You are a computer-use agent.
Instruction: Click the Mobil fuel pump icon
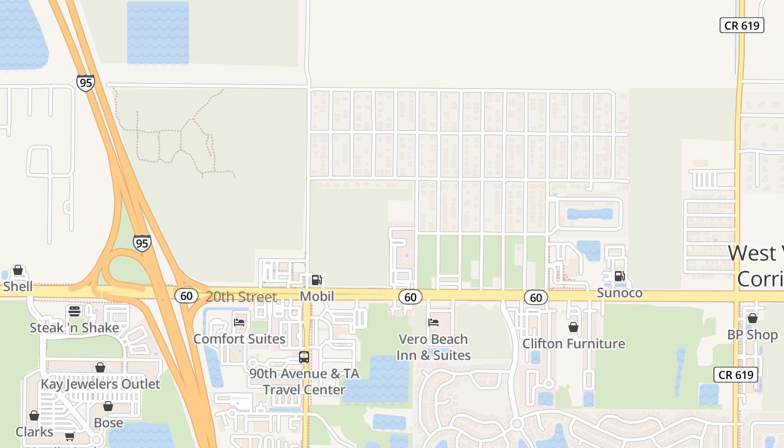pyautogui.click(x=316, y=279)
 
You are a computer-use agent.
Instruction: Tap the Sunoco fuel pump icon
pyautogui.click(x=619, y=276)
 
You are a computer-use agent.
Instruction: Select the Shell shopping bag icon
pyautogui.click(x=18, y=270)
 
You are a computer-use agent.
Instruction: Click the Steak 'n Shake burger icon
pyautogui.click(x=74, y=311)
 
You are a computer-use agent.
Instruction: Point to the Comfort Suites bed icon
pyautogui.click(x=239, y=323)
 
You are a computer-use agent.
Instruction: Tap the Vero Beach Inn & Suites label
pyautogui.click(x=433, y=347)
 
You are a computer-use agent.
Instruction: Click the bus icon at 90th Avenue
pyautogui.click(x=304, y=357)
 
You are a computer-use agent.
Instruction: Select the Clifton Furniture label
pyautogui.click(x=573, y=343)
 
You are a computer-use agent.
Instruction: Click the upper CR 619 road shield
pyautogui.click(x=741, y=25)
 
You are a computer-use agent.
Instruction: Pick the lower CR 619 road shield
pyautogui.click(x=736, y=375)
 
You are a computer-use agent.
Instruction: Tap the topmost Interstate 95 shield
pyautogui.click(x=86, y=83)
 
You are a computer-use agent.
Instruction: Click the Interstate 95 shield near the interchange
pyautogui.click(x=142, y=242)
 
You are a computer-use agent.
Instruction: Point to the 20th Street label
pyautogui.click(x=241, y=297)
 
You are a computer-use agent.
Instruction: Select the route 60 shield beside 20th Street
pyautogui.click(x=186, y=296)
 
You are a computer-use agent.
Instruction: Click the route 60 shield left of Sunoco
pyautogui.click(x=535, y=297)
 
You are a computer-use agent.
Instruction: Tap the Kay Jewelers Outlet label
pyautogui.click(x=100, y=384)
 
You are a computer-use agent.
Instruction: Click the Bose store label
pyautogui.click(x=108, y=422)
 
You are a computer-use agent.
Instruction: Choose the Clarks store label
pyautogui.click(x=35, y=432)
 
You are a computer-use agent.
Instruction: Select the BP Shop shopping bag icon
pyautogui.click(x=752, y=318)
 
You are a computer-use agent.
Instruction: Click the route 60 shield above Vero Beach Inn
pyautogui.click(x=410, y=297)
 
